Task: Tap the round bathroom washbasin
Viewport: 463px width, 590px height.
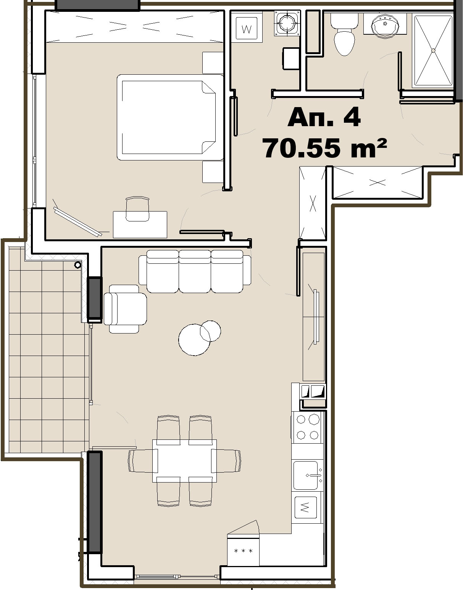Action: coord(385,24)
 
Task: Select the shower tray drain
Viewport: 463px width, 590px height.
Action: coord(433,51)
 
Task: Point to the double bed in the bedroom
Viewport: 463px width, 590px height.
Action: coord(170,117)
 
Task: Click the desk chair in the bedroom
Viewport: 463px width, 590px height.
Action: coord(137,208)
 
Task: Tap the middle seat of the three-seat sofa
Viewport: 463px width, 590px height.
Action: coord(195,271)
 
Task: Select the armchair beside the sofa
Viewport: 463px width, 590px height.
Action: coord(125,309)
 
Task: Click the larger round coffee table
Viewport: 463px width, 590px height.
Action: coord(194,340)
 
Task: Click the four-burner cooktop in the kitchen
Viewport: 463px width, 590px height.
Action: coord(307,427)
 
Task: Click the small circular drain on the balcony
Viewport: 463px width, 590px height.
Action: coord(78,265)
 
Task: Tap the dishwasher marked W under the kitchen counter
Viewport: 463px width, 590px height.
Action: coord(306,507)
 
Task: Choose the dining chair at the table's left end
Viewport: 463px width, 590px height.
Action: coord(142,461)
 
